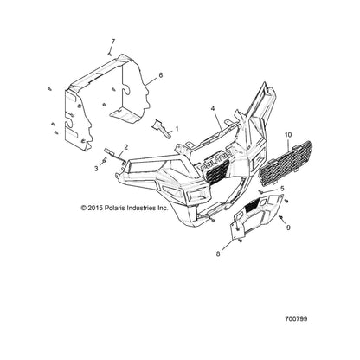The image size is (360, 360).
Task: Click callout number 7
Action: (x=113, y=42)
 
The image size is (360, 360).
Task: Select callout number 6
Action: (x=160, y=75)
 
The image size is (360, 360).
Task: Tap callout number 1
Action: (x=177, y=129)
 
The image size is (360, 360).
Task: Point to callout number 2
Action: (x=126, y=147)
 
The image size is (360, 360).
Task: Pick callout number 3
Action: (x=96, y=169)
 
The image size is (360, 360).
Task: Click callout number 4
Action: (x=213, y=108)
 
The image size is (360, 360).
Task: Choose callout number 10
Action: (x=288, y=135)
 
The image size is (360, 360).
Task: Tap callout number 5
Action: (x=282, y=189)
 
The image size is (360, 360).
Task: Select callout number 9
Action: (x=288, y=228)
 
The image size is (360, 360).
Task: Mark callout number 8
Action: (x=218, y=254)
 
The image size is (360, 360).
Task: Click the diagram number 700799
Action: (x=296, y=319)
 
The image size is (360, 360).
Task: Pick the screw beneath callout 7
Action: (x=110, y=54)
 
